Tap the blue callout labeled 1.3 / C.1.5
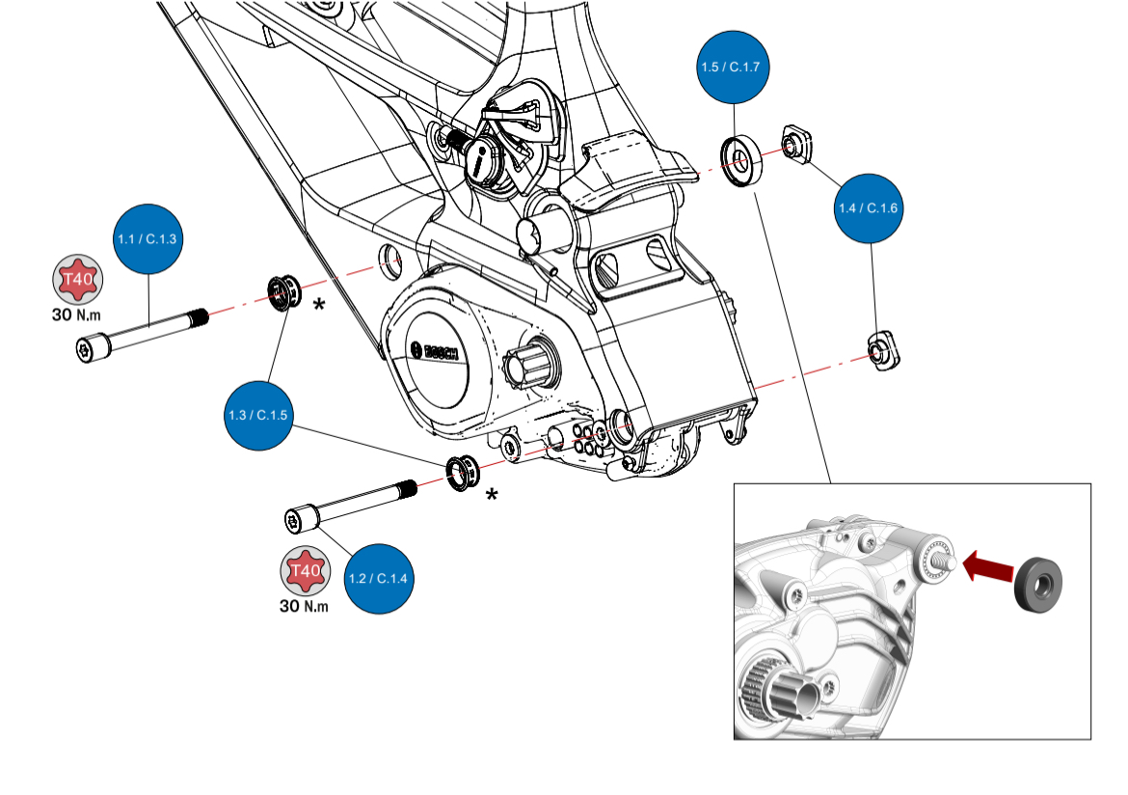pyautogui.click(x=258, y=414)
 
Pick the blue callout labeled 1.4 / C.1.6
pyautogui.click(x=871, y=208)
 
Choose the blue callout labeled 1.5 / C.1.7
pyautogui.click(x=735, y=68)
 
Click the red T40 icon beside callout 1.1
pyautogui.click(x=77, y=282)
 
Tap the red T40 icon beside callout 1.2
pyautogui.click(x=306, y=575)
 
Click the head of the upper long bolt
pyautogui.click(x=89, y=350)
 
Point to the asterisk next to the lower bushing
pyautogui.click(x=492, y=495)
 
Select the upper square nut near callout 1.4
pyautogui.click(x=794, y=145)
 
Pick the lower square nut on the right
pyautogui.click(x=883, y=350)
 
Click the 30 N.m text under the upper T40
pyautogui.click(x=76, y=315)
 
